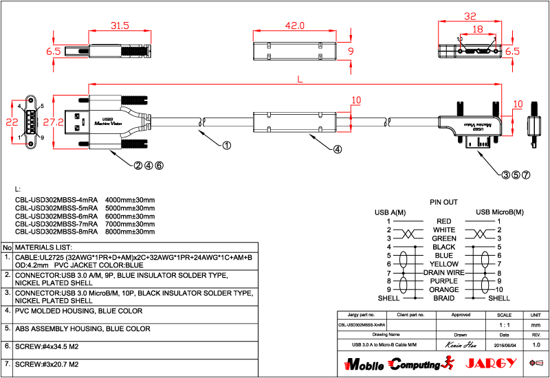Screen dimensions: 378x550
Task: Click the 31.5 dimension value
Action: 120,25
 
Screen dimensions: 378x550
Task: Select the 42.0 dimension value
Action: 294,25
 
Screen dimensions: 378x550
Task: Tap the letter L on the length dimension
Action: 298,80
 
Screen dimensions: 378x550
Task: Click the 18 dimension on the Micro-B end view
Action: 477,30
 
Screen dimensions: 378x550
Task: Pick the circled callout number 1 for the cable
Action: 227,145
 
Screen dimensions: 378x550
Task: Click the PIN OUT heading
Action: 443,203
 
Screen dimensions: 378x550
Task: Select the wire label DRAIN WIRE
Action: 444,273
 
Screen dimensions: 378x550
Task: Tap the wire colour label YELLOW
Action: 444,264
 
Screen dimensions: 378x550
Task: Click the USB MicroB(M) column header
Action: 499,212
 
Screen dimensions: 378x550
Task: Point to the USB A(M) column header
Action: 390,212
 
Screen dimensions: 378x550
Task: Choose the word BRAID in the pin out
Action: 444,298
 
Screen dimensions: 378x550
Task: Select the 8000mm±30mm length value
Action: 130,232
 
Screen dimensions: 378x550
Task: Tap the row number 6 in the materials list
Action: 7,346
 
